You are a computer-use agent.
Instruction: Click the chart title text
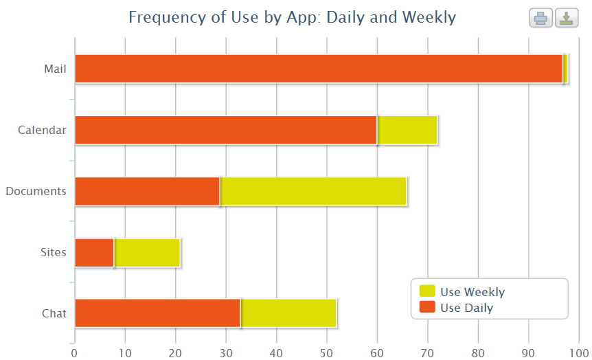292,17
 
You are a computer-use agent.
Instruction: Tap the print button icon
540,19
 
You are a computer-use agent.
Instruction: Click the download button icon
566,19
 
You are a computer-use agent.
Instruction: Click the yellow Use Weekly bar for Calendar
407,130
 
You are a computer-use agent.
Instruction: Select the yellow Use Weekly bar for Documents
313,191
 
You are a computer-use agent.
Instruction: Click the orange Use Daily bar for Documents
147,191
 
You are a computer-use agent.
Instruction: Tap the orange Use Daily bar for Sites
94,252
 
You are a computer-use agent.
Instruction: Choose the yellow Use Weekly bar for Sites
147,252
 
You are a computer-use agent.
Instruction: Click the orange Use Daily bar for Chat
157,313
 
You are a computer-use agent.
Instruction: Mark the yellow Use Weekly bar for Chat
289,313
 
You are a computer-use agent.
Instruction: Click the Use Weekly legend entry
472,292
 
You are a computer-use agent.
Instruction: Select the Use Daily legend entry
466,308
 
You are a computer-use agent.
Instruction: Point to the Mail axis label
55,69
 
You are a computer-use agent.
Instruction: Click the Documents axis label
36,191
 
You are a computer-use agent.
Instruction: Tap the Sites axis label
54,252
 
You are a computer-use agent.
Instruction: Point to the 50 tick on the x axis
327,353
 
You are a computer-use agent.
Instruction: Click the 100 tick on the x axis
579,353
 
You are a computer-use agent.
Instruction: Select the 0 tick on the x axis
74,353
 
